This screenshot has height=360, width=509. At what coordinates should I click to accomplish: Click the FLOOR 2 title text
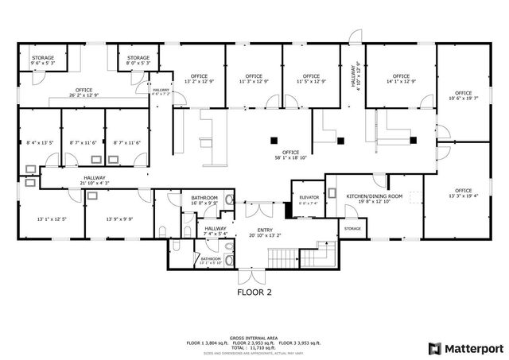click(255, 292)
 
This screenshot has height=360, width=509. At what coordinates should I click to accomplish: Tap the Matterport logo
click(465, 348)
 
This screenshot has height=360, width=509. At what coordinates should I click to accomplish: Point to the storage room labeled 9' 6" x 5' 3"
click(42, 61)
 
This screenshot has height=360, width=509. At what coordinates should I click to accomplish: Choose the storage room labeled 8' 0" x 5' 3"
click(139, 61)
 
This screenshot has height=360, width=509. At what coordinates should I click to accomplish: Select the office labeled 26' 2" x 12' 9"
click(84, 93)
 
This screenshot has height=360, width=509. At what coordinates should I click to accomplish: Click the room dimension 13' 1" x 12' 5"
click(52, 219)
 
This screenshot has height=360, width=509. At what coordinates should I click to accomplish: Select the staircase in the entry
click(284, 257)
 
